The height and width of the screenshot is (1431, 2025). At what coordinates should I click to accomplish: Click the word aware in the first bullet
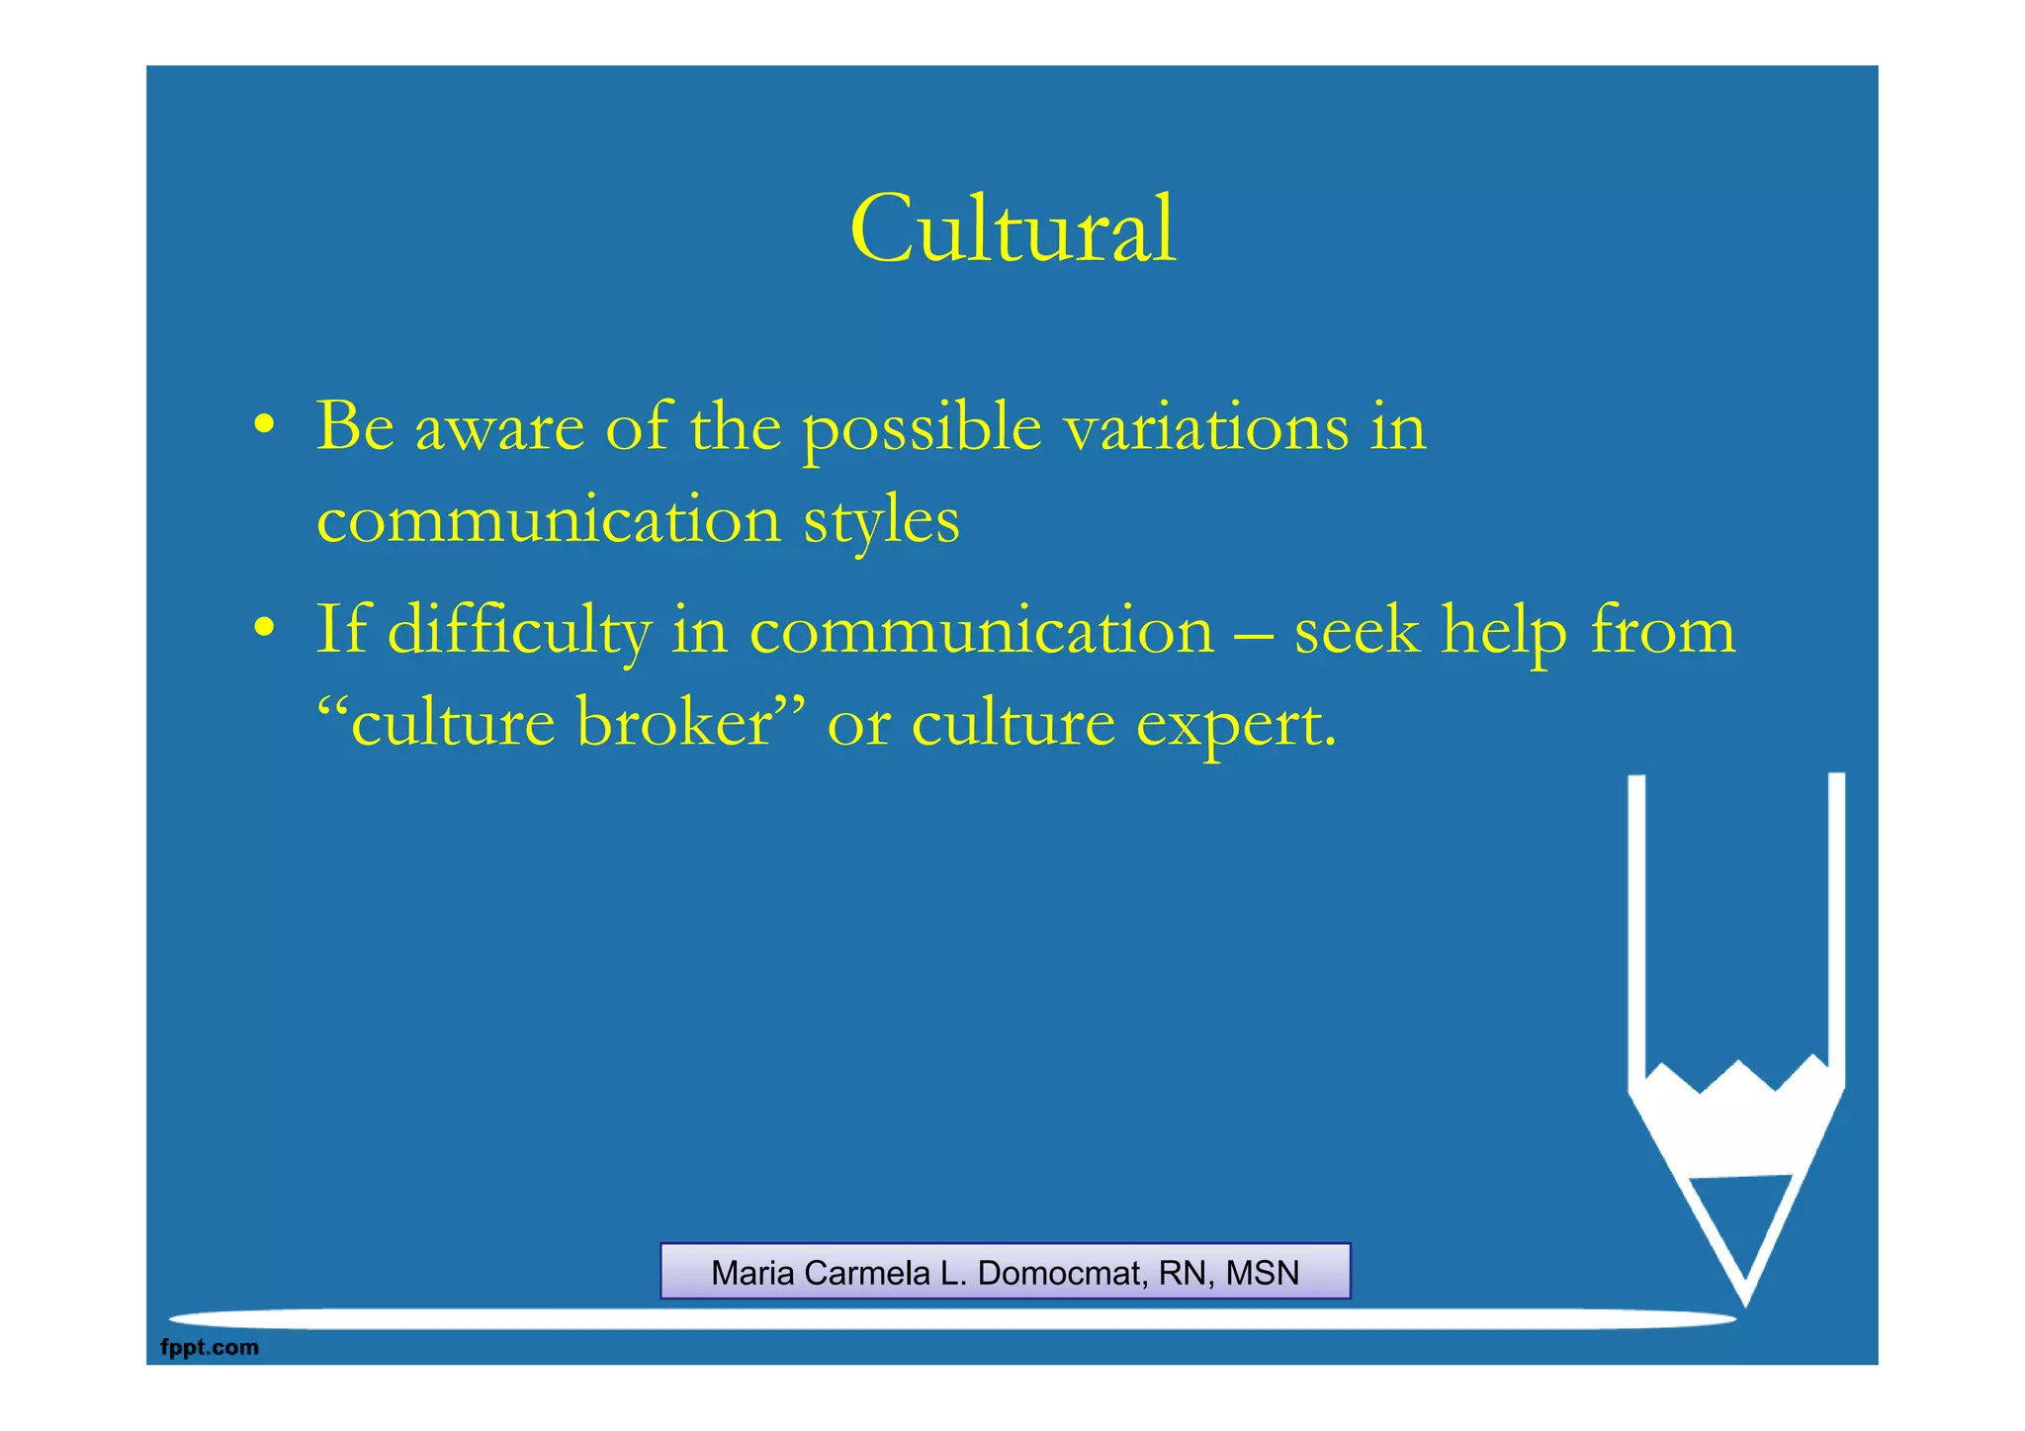click(499, 429)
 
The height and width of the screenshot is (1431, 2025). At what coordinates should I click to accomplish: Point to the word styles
click(881, 522)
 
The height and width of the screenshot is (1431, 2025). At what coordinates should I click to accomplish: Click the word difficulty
click(519, 631)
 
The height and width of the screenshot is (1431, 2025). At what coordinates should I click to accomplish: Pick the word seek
click(1357, 631)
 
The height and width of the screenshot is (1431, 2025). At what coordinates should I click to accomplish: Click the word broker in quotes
click(673, 724)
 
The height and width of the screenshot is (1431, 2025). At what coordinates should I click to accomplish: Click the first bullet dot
click(263, 425)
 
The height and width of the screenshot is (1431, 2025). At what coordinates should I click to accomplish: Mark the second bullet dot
click(263, 629)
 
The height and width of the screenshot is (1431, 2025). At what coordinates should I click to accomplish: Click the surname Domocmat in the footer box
click(1062, 1273)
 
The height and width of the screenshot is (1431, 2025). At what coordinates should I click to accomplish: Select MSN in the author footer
click(1263, 1273)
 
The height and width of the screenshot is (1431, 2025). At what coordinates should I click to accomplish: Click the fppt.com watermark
click(210, 1347)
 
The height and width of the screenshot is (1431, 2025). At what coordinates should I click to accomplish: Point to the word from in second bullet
click(1662, 631)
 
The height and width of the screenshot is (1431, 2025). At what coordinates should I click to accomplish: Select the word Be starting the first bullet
click(355, 427)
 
